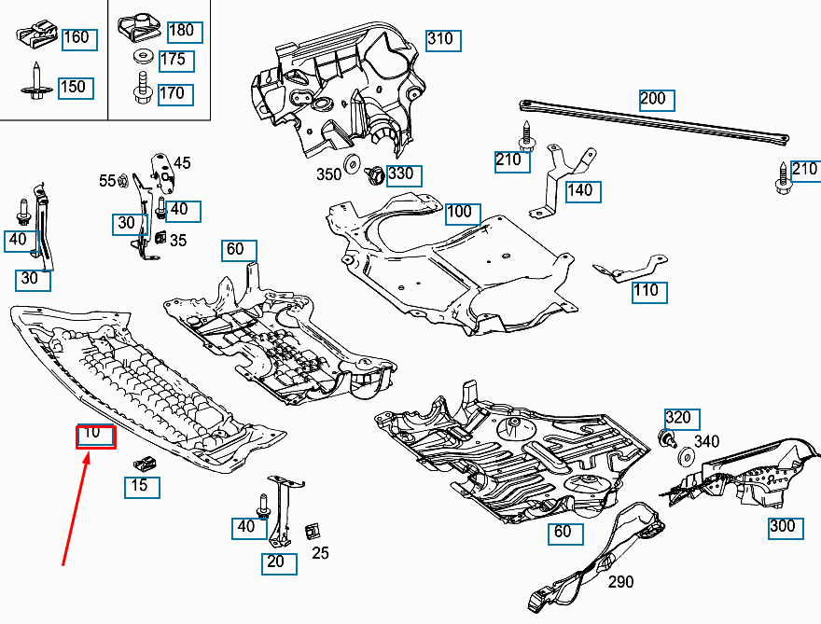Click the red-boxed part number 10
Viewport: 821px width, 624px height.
(x=96, y=436)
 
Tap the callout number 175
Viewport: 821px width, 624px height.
(x=175, y=61)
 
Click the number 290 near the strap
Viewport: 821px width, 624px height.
(x=620, y=582)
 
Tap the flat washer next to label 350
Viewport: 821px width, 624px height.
(x=354, y=165)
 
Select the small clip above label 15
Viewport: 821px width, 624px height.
(x=144, y=461)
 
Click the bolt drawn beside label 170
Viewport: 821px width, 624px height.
(x=143, y=90)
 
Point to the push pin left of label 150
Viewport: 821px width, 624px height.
(x=35, y=82)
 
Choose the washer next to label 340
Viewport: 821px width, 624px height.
(x=682, y=456)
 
